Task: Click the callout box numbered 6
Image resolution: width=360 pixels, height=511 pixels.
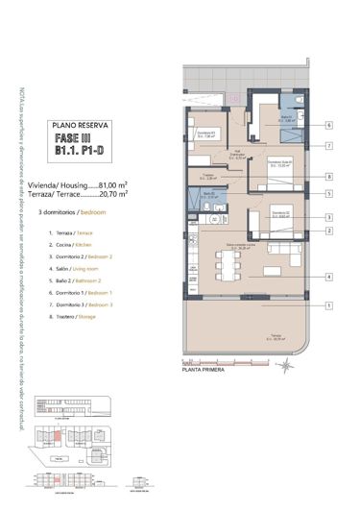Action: coord(328,125)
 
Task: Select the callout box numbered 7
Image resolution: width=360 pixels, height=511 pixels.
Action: coord(328,146)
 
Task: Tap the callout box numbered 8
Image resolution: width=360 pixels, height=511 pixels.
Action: coord(328,177)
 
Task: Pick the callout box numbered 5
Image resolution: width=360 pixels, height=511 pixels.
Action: coord(328,194)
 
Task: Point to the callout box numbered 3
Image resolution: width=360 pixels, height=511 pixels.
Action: coord(328,218)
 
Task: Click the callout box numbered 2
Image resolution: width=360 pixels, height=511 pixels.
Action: coord(328,231)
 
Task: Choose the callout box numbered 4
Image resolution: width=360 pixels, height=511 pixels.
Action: coord(328,278)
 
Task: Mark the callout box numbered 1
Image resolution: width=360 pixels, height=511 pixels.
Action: coord(328,305)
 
